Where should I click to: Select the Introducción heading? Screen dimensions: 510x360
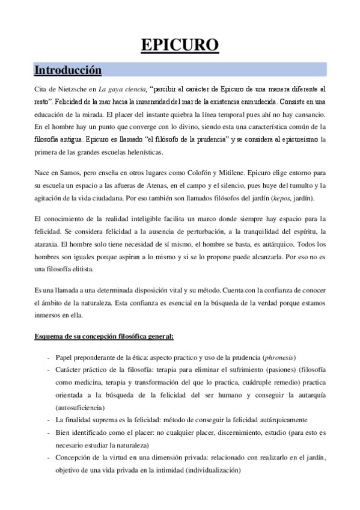point(67,70)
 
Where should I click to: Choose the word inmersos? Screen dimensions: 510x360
point(49,315)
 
